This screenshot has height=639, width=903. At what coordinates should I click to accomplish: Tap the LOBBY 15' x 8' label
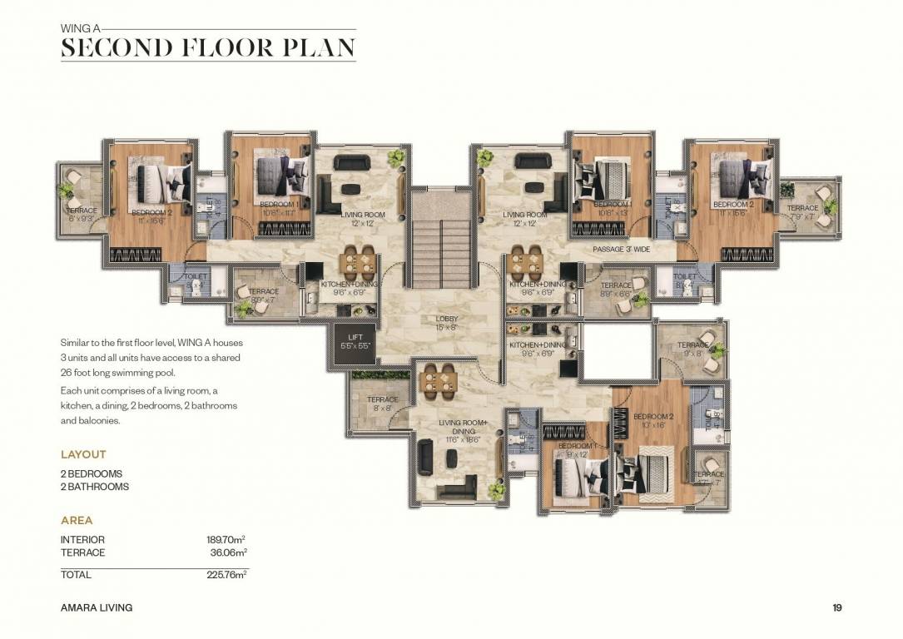pyautogui.click(x=447, y=324)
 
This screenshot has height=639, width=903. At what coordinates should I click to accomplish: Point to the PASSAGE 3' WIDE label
pyautogui.click(x=621, y=249)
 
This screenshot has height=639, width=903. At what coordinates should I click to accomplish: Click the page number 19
pyautogui.click(x=837, y=607)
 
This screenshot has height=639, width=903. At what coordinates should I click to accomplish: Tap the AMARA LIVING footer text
pyautogui.click(x=97, y=607)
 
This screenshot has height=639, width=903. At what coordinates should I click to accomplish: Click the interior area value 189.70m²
pyautogui.click(x=226, y=539)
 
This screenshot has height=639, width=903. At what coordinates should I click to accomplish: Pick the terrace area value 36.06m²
pyautogui.click(x=228, y=552)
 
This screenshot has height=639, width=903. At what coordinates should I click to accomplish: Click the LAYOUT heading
pyautogui.click(x=83, y=454)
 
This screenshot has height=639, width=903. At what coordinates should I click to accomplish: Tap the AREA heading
pyautogui.click(x=77, y=521)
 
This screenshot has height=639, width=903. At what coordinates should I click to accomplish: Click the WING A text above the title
pyautogui.click(x=81, y=27)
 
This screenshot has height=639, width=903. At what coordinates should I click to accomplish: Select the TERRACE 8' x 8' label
pyautogui.click(x=383, y=404)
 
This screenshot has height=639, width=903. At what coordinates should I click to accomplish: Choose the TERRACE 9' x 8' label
pyautogui.click(x=692, y=349)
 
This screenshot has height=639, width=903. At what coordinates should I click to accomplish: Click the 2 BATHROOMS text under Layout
pyautogui.click(x=95, y=486)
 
